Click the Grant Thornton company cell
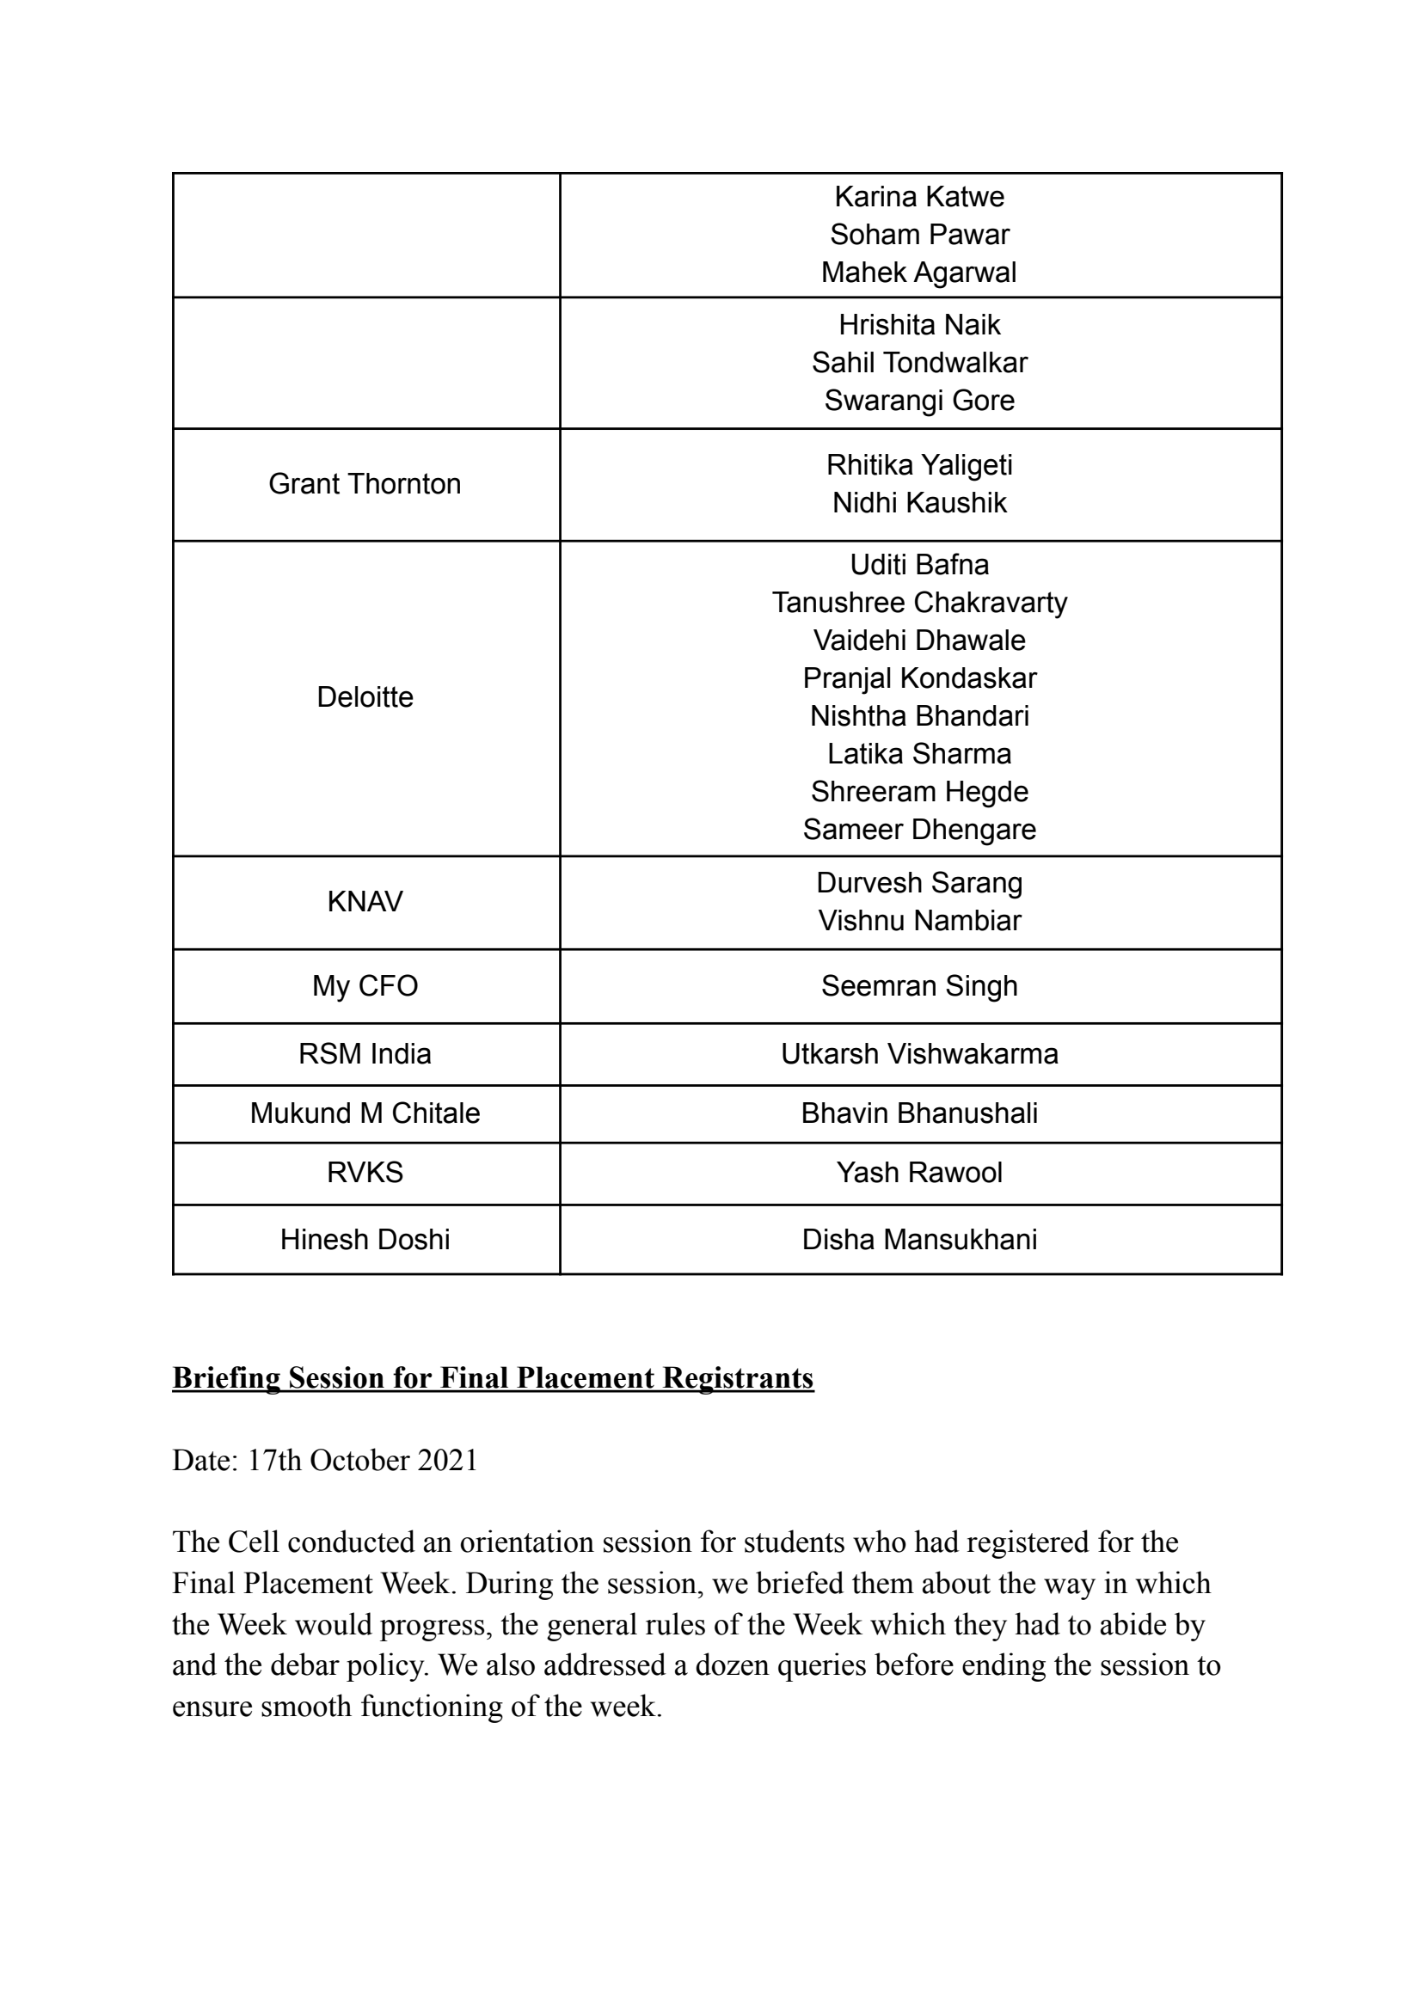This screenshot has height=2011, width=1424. (365, 484)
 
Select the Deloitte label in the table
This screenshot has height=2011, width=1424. (365, 697)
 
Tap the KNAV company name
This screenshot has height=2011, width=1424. (365, 901)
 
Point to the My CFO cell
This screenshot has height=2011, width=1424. (365, 985)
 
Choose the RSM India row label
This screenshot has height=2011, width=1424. (365, 1053)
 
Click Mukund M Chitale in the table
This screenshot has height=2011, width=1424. (365, 1113)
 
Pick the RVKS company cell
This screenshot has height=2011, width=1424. (365, 1172)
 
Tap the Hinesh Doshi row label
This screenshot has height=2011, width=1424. (365, 1239)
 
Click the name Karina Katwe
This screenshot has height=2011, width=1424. (919, 196)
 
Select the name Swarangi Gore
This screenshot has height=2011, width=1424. (919, 400)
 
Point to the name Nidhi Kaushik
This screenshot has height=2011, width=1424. (919, 502)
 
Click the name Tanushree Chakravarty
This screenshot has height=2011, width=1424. (919, 602)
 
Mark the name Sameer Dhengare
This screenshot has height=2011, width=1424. (919, 829)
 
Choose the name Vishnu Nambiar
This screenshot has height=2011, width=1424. (919, 920)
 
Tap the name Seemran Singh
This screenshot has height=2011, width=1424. (919, 985)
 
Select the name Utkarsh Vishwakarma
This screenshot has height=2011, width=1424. (919, 1053)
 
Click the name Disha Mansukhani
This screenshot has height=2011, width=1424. (919, 1239)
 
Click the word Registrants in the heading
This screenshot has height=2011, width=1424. (738, 1378)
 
